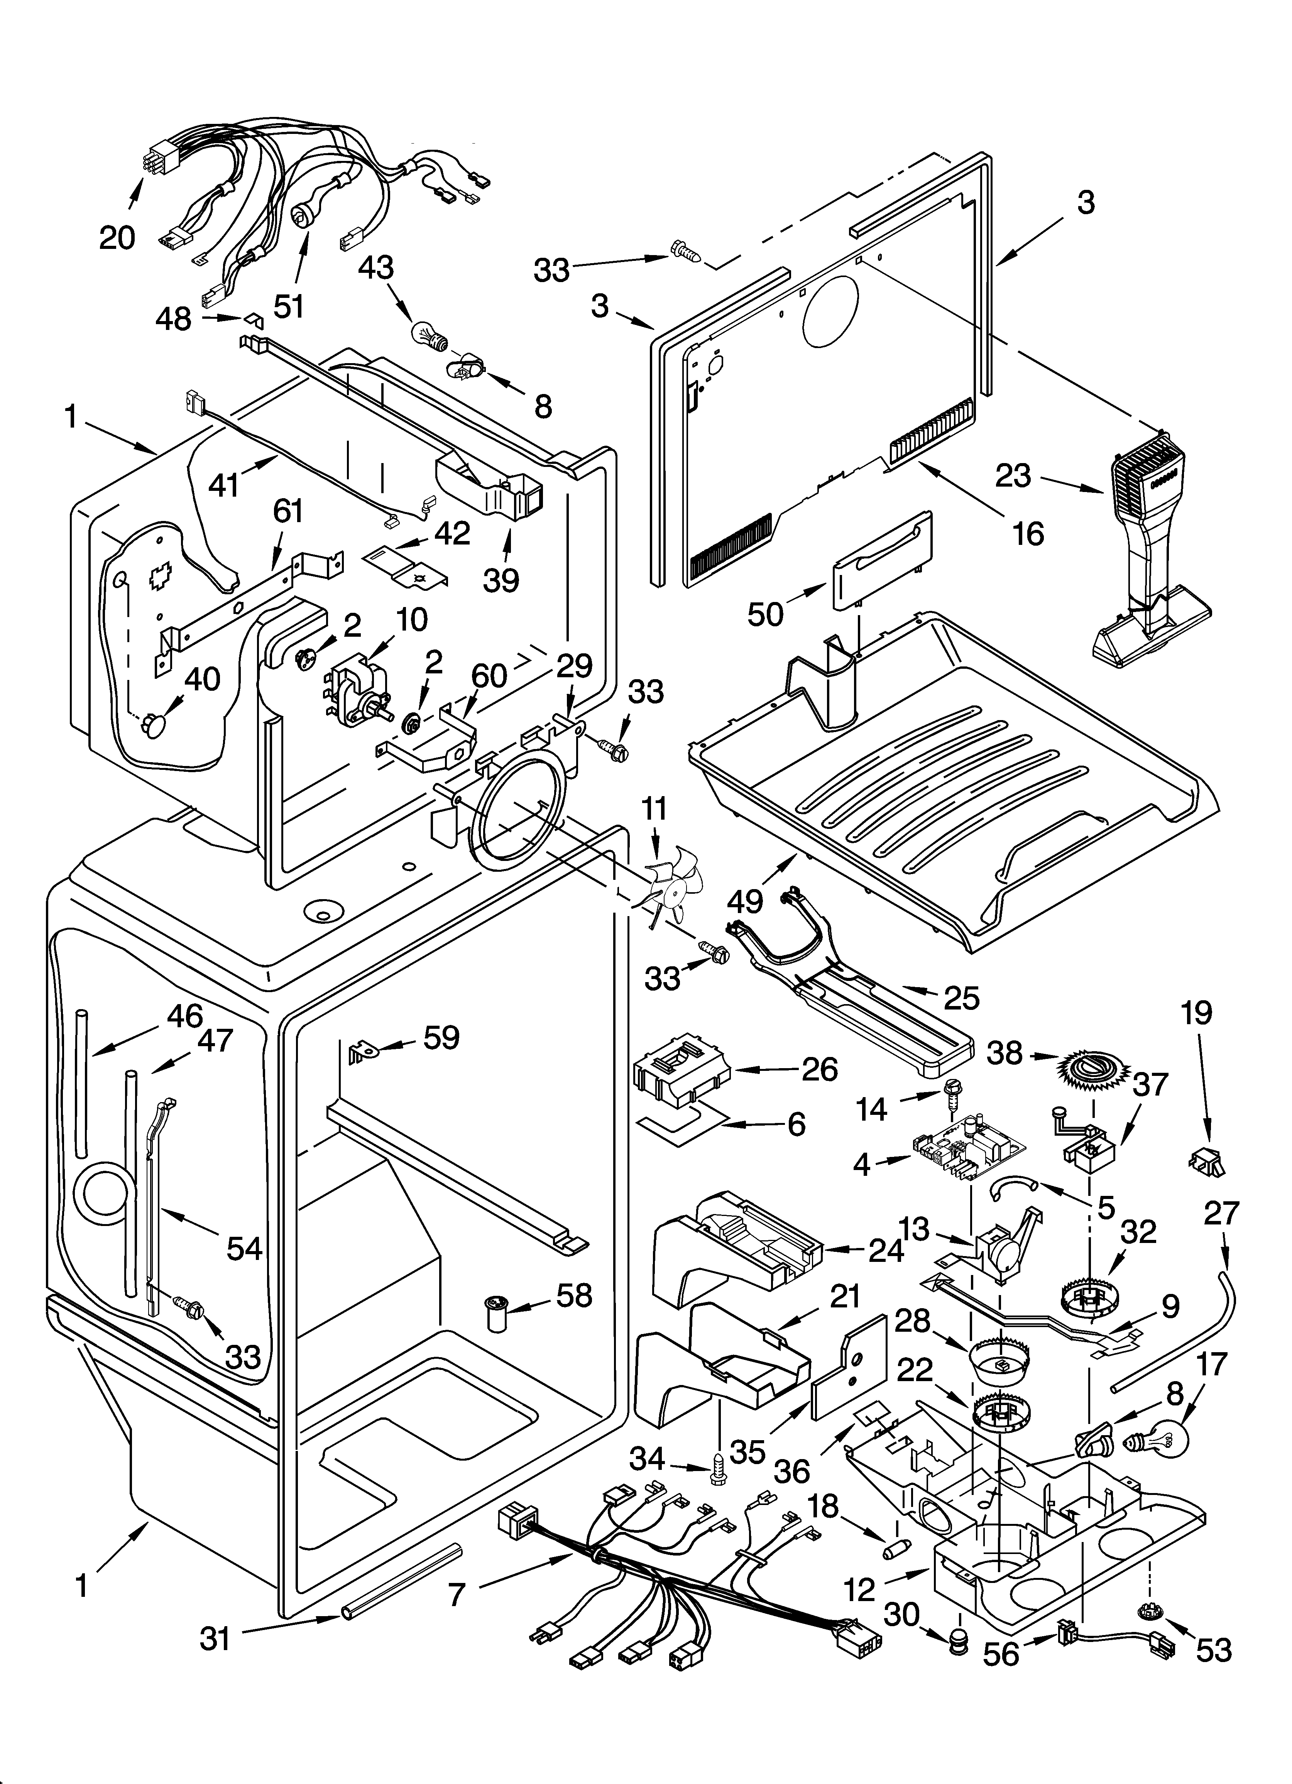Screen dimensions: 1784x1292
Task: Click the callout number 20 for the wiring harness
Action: (117, 236)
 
